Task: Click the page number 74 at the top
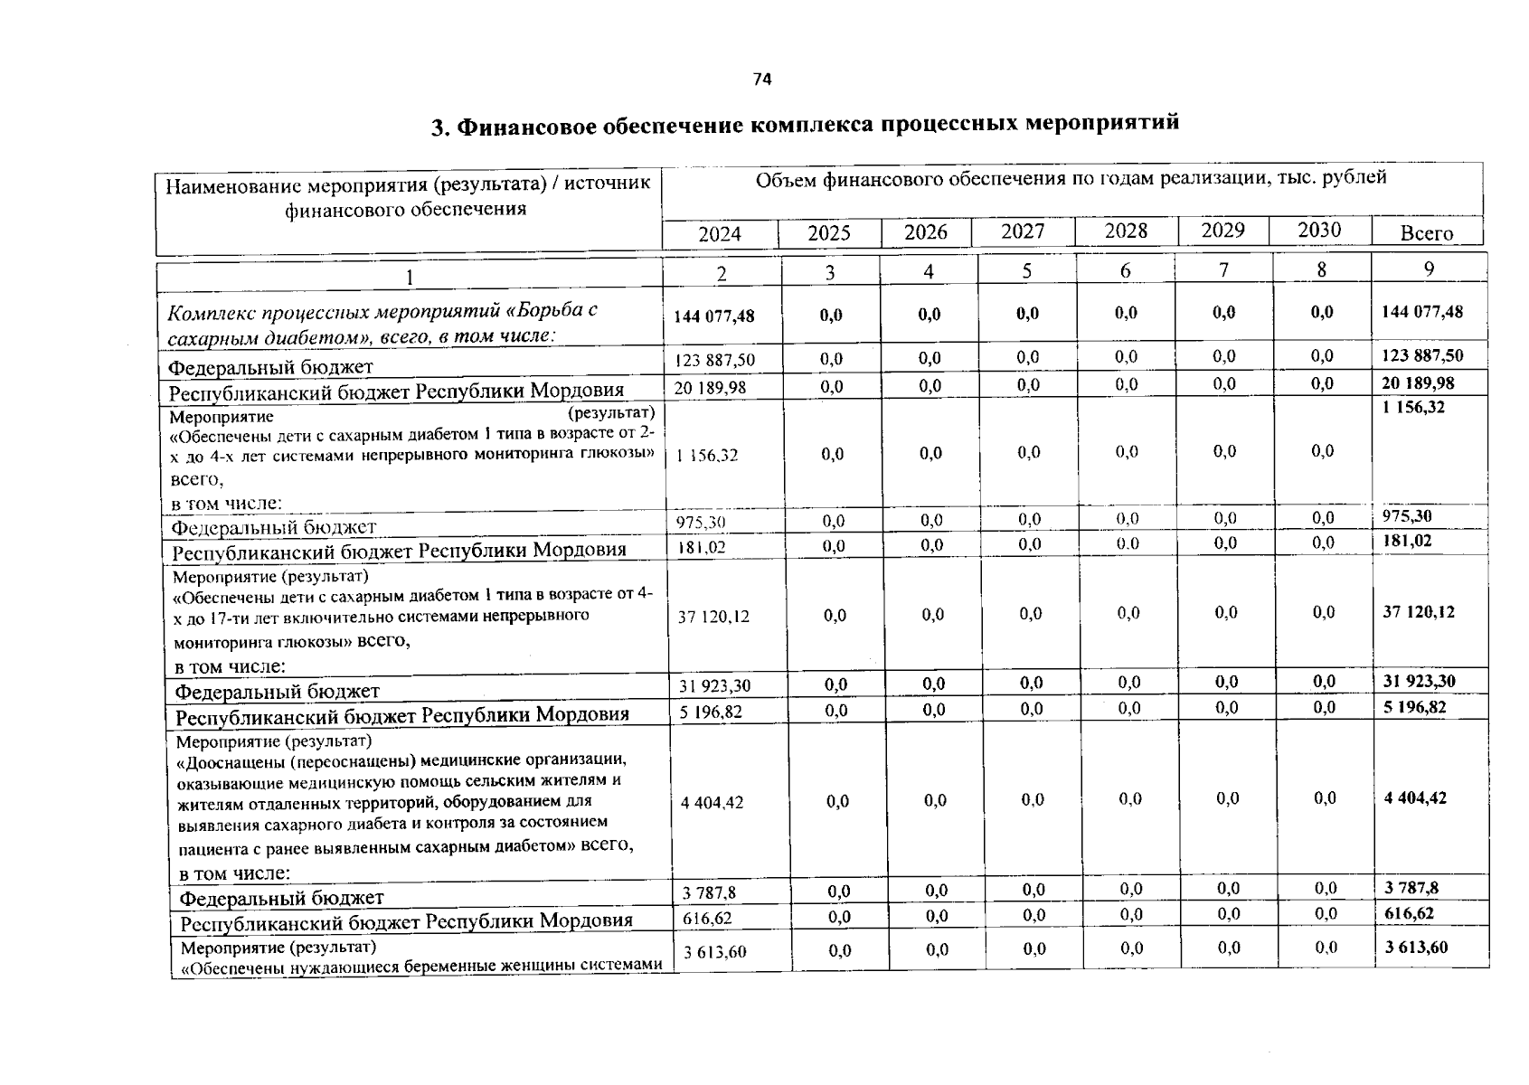click(x=762, y=80)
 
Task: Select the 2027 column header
click(x=1023, y=231)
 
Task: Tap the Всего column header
click(x=1426, y=233)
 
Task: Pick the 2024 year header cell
click(x=720, y=234)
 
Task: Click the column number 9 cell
click(x=1429, y=269)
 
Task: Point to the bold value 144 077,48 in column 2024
click(x=714, y=316)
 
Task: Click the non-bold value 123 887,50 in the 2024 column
click(x=715, y=360)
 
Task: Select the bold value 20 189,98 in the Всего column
click(x=1418, y=383)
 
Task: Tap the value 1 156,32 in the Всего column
click(x=1414, y=408)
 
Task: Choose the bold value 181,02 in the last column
click(x=1408, y=541)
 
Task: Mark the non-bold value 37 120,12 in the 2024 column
click(x=714, y=617)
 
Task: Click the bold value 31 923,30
click(x=1420, y=681)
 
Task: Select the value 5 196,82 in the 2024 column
click(x=711, y=712)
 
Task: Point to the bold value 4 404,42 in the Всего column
click(x=1415, y=797)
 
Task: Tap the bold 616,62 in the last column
click(x=1409, y=913)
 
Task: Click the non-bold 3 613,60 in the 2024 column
click(x=714, y=951)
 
